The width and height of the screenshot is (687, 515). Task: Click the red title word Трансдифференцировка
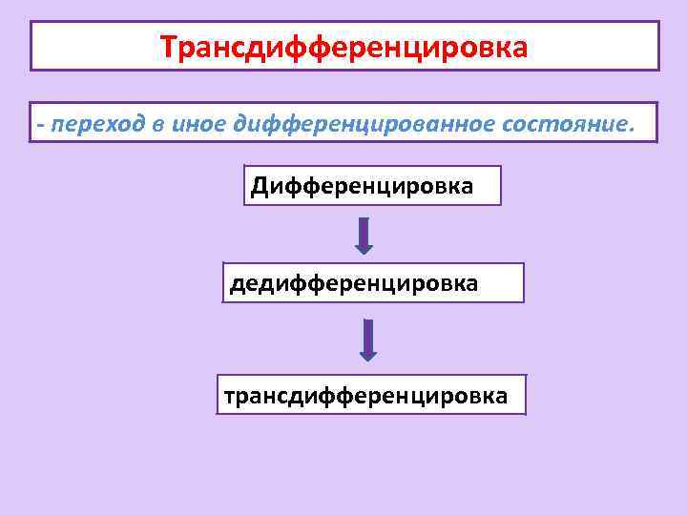point(343,47)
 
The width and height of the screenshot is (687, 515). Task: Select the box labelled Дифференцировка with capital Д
point(372,185)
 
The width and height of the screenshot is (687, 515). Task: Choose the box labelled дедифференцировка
point(373,283)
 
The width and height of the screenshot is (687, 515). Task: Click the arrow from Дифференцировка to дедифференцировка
point(364,236)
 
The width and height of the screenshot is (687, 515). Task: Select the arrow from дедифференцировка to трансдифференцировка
point(368,340)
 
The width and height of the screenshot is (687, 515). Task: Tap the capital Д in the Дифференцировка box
point(260,185)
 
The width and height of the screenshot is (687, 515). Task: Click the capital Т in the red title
point(169,47)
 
